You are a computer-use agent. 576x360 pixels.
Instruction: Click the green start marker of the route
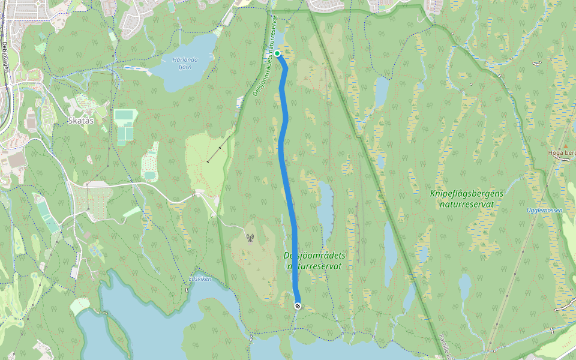[277, 53]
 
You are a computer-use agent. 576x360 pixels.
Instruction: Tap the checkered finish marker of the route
[298, 307]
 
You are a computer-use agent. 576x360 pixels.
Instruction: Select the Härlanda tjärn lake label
[185, 62]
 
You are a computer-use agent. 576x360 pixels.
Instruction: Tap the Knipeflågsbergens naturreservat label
[466, 199]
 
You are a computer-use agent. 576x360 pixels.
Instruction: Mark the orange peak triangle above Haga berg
[565, 146]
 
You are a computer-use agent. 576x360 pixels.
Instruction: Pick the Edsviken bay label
[200, 278]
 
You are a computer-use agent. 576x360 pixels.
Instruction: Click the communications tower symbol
[250, 239]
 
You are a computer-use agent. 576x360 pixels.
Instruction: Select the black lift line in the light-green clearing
[220, 148]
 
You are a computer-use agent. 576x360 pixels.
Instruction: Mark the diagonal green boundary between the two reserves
[372, 162]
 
